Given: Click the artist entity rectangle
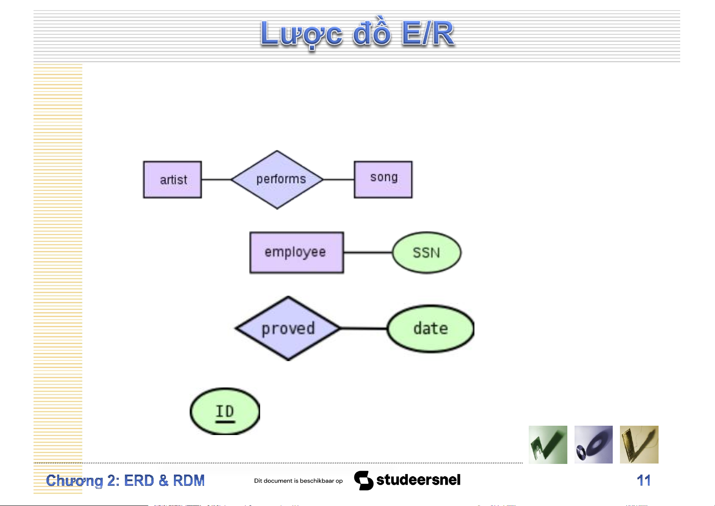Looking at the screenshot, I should click(172, 180).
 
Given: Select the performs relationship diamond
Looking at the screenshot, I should click(277, 180).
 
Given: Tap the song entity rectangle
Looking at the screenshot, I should click(383, 180).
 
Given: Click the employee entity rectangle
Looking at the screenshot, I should click(296, 252).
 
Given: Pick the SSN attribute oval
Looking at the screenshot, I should click(426, 252).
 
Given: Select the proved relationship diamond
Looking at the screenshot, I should click(288, 328).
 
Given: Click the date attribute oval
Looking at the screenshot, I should click(430, 328).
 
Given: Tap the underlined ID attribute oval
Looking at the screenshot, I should click(225, 411).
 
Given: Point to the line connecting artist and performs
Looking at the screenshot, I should click(216, 180).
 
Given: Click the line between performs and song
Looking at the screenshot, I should click(338, 180).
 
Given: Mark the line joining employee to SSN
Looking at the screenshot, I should click(367, 252).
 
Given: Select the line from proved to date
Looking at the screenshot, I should click(364, 328).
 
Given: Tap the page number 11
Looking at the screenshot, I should click(643, 481).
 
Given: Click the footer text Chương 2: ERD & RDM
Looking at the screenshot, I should click(125, 481).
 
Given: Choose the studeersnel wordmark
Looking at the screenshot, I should click(418, 480).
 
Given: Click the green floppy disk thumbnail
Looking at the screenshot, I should click(548, 444).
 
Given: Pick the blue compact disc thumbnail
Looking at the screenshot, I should click(593, 444).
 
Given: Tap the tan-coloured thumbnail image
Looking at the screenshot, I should click(639, 444).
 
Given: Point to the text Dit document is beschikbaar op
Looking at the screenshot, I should click(298, 481).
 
